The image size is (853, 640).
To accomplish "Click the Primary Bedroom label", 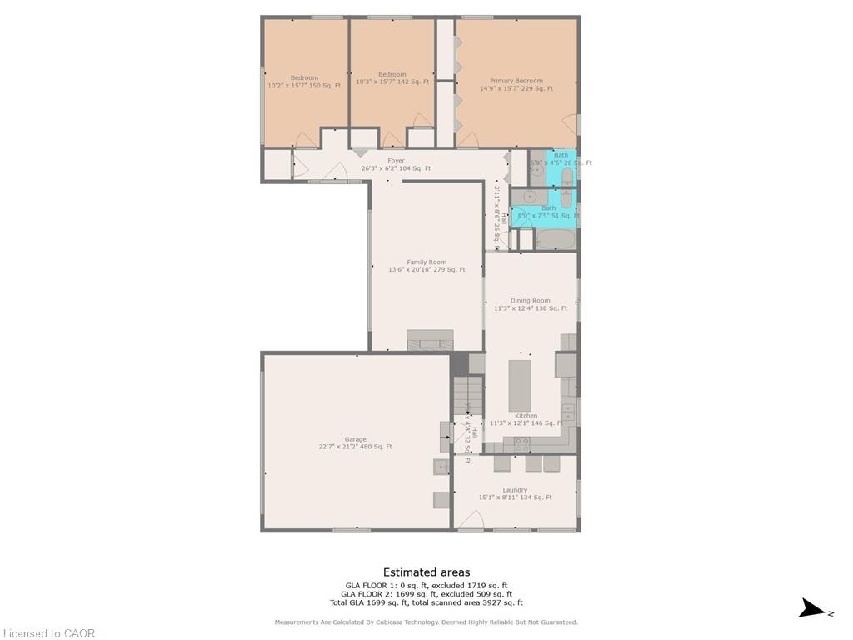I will pyautogui.click(x=516, y=82).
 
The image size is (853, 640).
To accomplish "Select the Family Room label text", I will pyautogui.click(x=426, y=262).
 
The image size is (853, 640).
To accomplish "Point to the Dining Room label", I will pyautogui.click(x=531, y=301).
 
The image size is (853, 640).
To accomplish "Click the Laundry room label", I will pyautogui.click(x=515, y=490).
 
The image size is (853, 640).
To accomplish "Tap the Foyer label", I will pyautogui.click(x=396, y=161).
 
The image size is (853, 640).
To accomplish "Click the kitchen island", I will pyautogui.click(x=520, y=385).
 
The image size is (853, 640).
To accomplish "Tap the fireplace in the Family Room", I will pyautogui.click(x=430, y=340).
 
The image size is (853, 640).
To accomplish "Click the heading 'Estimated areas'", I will pyautogui.click(x=426, y=572).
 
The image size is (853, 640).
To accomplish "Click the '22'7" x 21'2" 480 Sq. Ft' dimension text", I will pyautogui.click(x=355, y=447).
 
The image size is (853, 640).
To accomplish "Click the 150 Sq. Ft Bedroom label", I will pyautogui.click(x=304, y=78).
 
